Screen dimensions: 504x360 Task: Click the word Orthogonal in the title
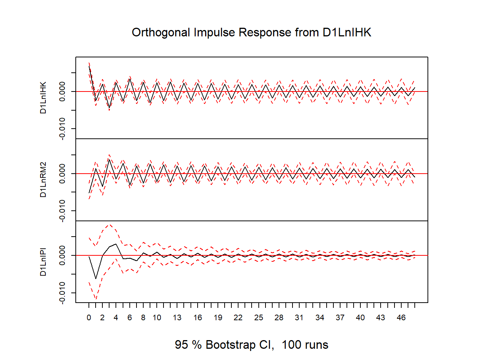click(161, 33)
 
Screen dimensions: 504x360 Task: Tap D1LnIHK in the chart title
click(347, 32)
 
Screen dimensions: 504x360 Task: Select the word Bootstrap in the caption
click(231, 345)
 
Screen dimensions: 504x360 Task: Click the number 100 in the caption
click(291, 345)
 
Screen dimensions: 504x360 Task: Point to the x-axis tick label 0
click(89, 318)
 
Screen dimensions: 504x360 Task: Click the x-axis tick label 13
click(177, 318)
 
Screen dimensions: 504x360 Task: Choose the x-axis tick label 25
click(258, 318)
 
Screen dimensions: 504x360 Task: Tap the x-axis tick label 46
click(401, 318)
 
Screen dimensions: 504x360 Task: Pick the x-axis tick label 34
click(319, 318)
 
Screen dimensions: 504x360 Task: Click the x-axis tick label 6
click(130, 318)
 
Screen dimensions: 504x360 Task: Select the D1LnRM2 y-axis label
click(43, 180)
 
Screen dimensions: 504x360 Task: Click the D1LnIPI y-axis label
click(43, 262)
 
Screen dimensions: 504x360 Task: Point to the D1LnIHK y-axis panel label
click(43, 97)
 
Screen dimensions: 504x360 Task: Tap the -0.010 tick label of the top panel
click(62, 129)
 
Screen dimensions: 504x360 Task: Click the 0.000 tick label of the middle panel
click(62, 174)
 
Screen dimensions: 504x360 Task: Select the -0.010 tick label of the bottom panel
click(62, 293)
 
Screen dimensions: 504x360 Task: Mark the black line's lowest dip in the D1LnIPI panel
click(96, 279)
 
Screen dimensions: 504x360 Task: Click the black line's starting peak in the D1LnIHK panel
click(89, 66)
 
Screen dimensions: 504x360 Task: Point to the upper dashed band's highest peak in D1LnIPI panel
click(110, 225)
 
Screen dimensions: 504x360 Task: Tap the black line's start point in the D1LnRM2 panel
click(89, 193)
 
